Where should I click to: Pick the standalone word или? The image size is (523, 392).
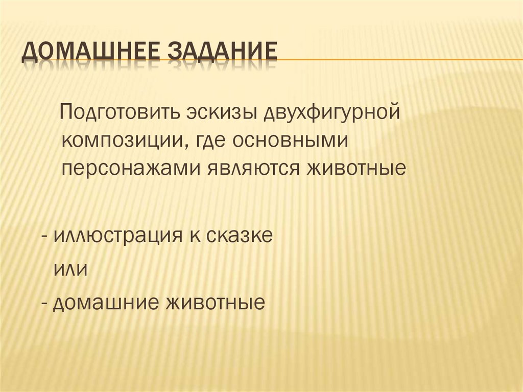[70, 269]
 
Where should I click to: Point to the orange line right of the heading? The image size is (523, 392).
[398, 60]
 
